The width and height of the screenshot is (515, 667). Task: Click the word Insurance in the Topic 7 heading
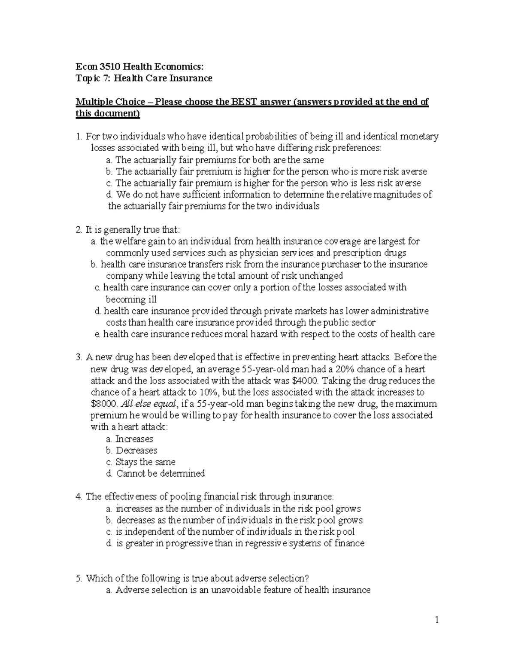(x=191, y=78)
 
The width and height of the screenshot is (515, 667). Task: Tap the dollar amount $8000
(x=104, y=404)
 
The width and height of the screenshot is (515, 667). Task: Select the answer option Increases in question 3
(x=134, y=439)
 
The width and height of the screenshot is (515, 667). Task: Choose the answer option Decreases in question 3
(x=136, y=451)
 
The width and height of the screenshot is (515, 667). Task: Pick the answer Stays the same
(x=145, y=462)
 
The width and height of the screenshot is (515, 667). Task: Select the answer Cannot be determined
(x=160, y=474)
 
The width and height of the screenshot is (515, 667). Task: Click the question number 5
(x=78, y=578)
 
